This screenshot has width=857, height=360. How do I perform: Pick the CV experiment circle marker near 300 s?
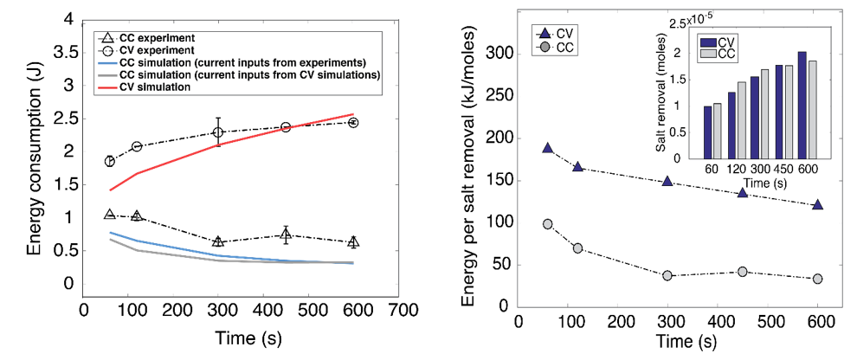(218, 132)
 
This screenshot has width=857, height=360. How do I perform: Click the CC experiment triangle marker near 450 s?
(286, 235)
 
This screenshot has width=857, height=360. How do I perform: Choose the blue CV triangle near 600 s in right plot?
(817, 205)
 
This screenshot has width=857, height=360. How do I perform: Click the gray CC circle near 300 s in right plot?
(667, 276)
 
